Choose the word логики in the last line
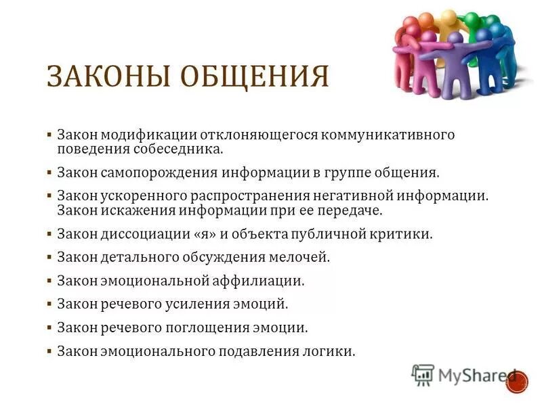330,351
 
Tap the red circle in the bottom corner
517,381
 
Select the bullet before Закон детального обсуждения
49,257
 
